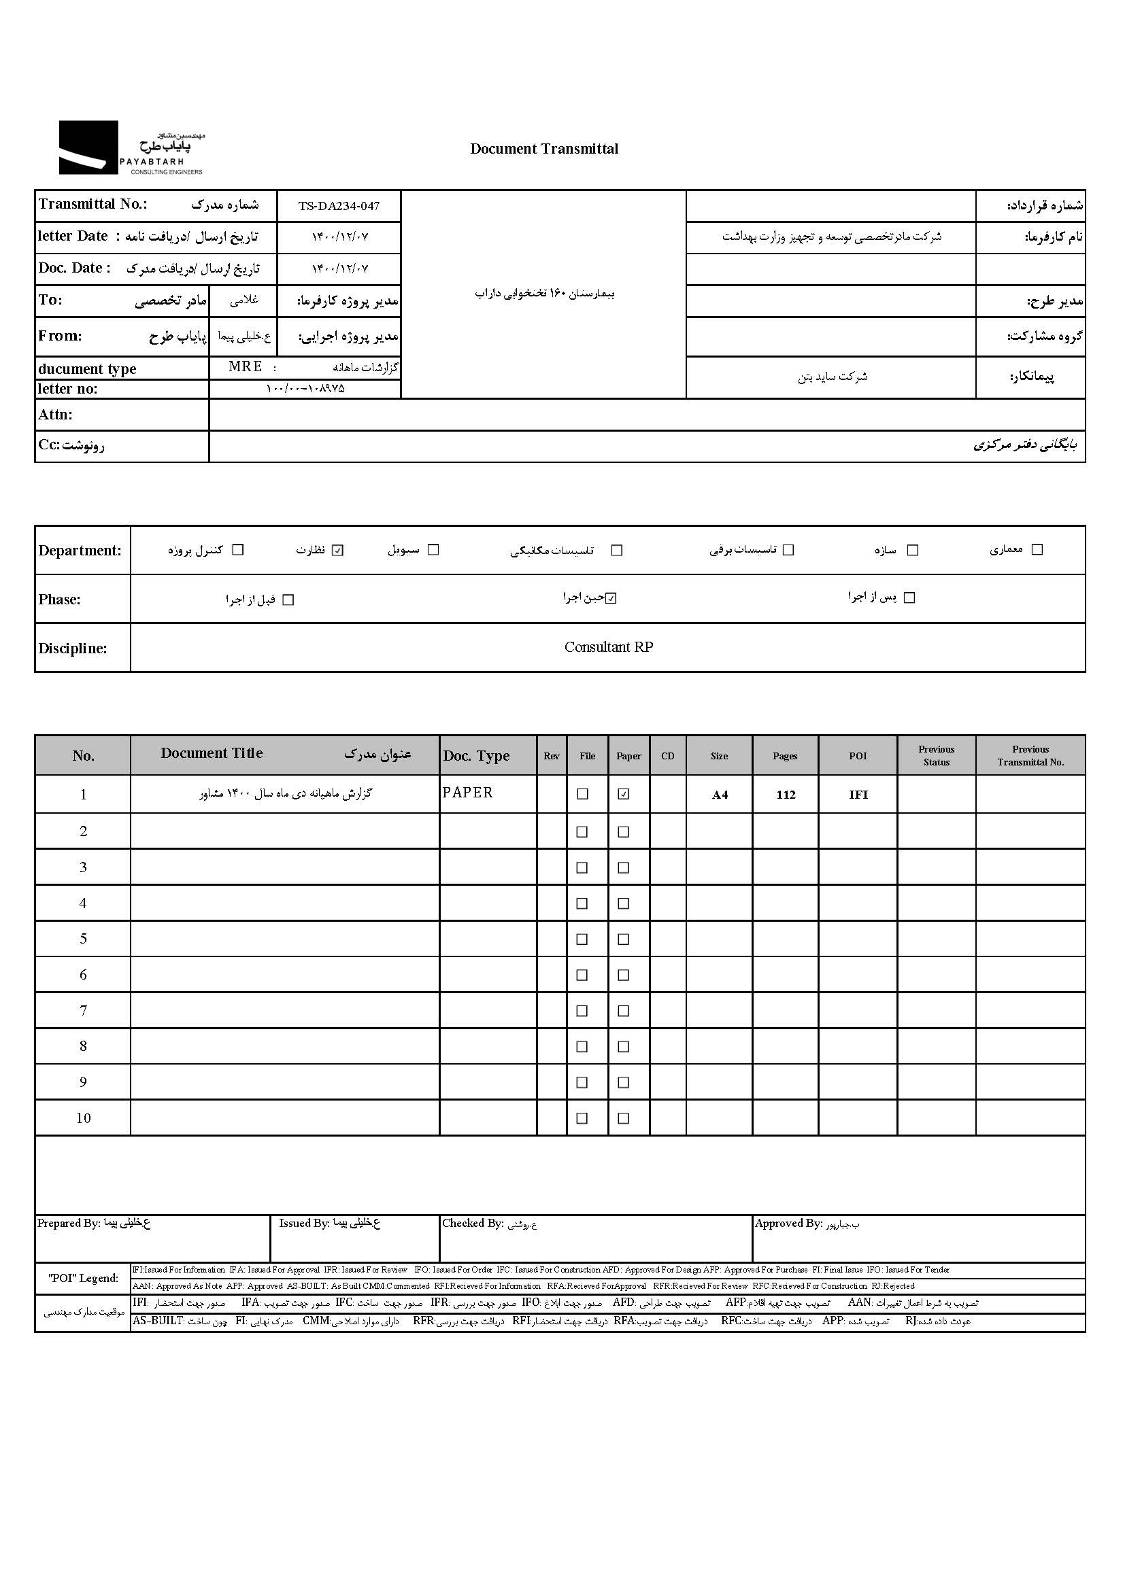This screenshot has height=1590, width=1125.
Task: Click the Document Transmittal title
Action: point(544,149)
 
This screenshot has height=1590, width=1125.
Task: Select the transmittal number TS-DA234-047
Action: point(339,206)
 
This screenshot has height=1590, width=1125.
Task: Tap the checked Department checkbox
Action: point(338,551)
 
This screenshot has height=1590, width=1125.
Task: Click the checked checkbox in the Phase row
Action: point(610,598)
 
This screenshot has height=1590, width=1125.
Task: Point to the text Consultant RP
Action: point(608,646)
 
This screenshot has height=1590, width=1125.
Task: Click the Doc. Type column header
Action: point(477,755)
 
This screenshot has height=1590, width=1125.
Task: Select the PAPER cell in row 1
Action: point(467,793)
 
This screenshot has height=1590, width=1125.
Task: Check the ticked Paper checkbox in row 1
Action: point(624,794)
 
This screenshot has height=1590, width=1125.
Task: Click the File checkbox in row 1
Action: point(583,794)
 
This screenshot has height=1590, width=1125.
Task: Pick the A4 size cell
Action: point(720,795)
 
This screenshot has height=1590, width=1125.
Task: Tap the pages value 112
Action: point(786,795)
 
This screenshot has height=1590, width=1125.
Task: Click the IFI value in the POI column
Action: point(858,795)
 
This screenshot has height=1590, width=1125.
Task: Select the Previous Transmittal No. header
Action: point(1030,755)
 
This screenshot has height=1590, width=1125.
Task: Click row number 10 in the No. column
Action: point(83,1118)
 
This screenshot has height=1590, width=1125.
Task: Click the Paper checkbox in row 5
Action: point(624,939)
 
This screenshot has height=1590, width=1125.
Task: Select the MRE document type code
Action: point(246,366)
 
